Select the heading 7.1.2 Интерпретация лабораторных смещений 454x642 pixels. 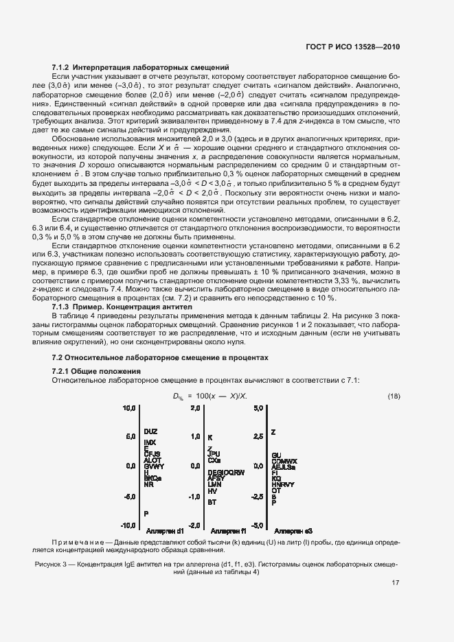141,67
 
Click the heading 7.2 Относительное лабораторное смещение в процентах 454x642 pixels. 160,358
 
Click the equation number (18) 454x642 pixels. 394,397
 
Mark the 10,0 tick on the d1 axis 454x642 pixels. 129,408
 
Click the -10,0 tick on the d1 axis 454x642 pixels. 128,525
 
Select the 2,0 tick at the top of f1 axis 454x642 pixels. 195,408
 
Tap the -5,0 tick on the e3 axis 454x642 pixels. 258,525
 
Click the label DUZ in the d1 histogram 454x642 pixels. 151,431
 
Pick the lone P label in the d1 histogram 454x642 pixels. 146,513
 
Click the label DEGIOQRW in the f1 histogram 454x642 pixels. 225,473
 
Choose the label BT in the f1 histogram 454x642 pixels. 212,501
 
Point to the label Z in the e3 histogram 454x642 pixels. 273,433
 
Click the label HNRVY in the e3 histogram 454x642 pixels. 283,484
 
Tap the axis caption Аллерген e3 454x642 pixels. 293,531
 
